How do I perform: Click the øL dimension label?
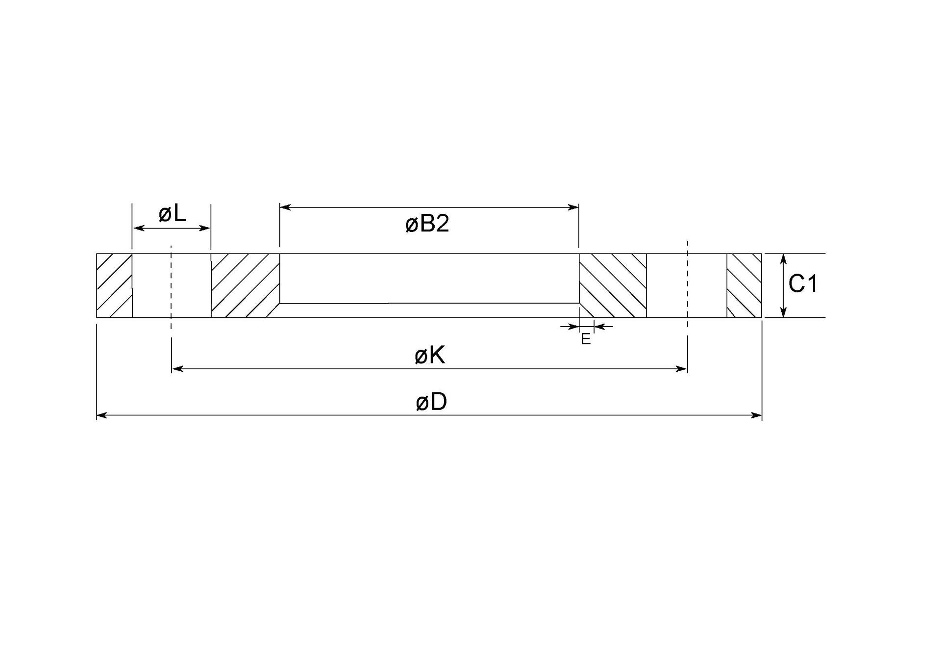[x=173, y=214]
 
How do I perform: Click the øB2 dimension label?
[x=427, y=224]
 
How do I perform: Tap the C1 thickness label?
[x=803, y=284]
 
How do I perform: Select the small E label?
[x=586, y=339]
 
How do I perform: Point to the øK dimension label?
[x=430, y=356]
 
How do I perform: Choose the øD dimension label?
[x=431, y=402]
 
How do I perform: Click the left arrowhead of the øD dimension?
[x=101, y=415]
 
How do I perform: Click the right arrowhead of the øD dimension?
[x=757, y=415]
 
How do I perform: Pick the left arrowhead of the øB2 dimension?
[x=285, y=207]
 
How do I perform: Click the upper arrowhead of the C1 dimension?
[x=783, y=258]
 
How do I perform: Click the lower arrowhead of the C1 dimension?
[x=783, y=312]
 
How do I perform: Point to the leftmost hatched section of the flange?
[x=114, y=285]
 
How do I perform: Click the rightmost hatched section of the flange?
[x=744, y=285]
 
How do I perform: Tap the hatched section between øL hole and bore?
[x=244, y=285]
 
